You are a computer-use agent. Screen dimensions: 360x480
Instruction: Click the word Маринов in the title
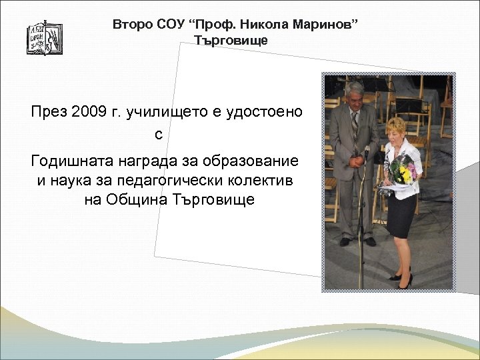[327, 25]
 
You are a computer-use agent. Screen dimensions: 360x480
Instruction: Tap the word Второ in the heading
[131, 25]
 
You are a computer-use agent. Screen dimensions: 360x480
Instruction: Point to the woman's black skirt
[401, 215]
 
